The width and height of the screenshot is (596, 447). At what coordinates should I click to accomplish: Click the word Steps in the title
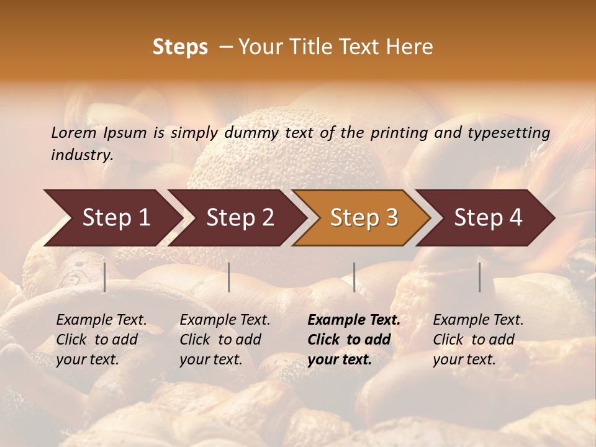180,47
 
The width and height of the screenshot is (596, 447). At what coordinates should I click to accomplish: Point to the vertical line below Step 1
105,277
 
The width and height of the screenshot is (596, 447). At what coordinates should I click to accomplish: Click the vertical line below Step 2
229,277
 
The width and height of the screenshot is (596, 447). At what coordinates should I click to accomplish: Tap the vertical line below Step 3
354,277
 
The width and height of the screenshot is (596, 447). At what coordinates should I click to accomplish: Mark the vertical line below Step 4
480,277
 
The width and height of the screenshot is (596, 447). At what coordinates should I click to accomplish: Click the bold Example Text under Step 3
354,320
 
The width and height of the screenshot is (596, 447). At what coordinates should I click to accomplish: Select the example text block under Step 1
101,340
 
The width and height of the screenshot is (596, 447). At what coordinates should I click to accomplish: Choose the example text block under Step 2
225,340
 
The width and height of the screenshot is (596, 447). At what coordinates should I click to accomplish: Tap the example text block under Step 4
478,340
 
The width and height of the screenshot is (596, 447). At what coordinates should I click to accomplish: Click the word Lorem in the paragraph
74,133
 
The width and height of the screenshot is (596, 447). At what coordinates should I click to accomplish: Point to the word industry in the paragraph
82,155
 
